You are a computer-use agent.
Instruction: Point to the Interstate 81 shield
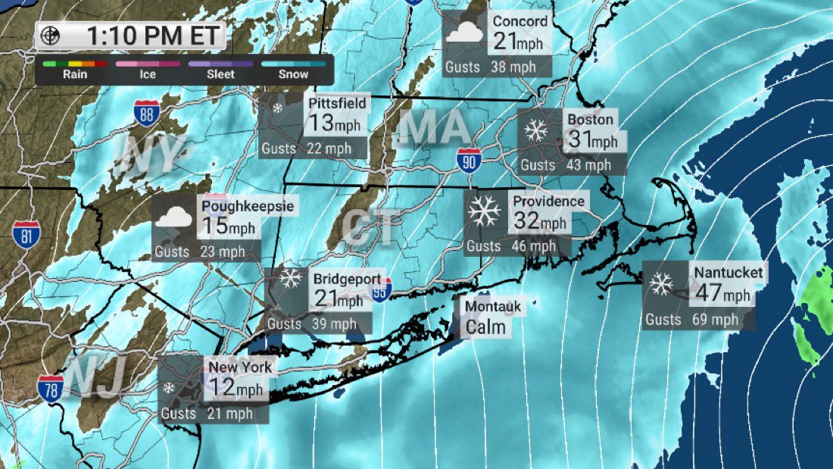pos(26,236)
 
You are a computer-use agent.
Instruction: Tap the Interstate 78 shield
pos(51,387)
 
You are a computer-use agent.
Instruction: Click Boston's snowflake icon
pos(537,131)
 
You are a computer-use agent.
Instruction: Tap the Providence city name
pos(548,202)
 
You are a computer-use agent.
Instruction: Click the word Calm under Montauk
pos(485,327)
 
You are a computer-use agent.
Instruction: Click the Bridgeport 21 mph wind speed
pos(339,299)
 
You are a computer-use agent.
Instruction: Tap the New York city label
pos(240,367)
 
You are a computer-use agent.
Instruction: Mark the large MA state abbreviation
pos(433,128)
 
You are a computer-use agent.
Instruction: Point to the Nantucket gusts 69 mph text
pos(691,320)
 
